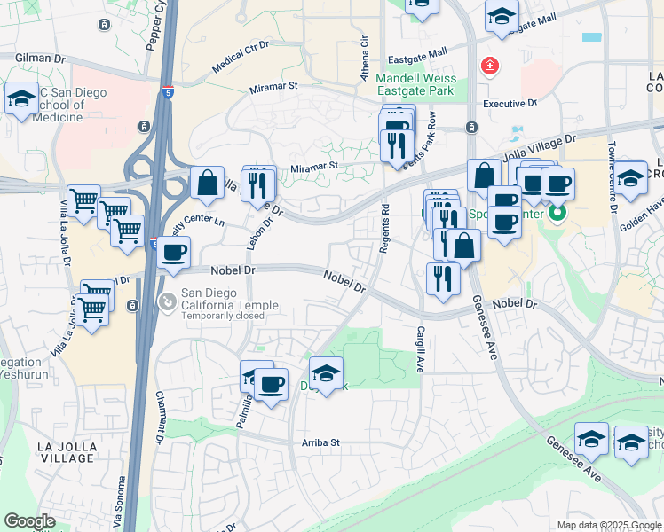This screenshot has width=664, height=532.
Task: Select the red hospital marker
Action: (x=488, y=66)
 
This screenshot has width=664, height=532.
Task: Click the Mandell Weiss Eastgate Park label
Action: (x=415, y=84)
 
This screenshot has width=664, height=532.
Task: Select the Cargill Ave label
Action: (x=420, y=348)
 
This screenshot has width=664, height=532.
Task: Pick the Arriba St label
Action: (x=322, y=442)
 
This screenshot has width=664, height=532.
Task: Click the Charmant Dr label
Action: (x=161, y=417)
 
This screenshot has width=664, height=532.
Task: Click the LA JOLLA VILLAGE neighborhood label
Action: (x=55, y=451)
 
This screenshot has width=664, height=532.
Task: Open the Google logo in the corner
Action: (x=29, y=521)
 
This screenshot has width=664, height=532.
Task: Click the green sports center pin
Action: (x=557, y=213)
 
